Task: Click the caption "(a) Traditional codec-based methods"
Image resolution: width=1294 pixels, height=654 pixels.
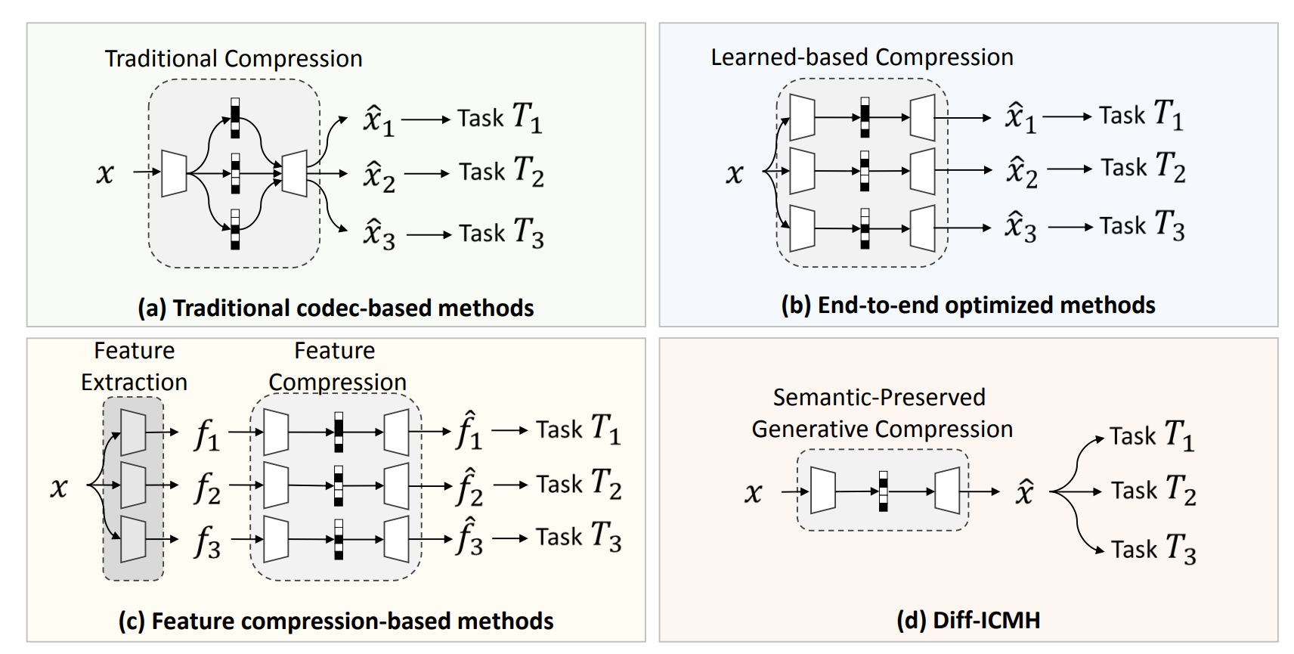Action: (336, 308)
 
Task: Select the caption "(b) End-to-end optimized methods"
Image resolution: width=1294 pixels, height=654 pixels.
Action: (967, 305)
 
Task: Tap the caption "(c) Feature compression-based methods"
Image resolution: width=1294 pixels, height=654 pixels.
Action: (336, 621)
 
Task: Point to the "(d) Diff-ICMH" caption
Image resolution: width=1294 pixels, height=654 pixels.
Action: (968, 620)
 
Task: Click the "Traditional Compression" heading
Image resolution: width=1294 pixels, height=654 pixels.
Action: (234, 59)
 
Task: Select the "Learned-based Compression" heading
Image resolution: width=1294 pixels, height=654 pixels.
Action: (862, 57)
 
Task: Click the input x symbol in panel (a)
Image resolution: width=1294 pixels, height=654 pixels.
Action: (105, 173)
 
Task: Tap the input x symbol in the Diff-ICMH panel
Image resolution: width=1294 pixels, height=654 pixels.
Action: (753, 493)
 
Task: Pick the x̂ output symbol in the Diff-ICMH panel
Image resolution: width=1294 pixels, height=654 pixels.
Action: (1024, 492)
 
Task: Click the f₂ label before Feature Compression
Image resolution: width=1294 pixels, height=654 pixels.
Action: (207, 488)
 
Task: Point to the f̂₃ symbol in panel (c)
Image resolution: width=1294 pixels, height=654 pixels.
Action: (469, 538)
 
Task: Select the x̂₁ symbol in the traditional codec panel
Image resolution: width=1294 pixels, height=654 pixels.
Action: (379, 120)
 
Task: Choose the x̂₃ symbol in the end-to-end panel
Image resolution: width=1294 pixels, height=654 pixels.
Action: (1020, 226)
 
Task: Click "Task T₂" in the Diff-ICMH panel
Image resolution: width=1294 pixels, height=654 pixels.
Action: (1153, 491)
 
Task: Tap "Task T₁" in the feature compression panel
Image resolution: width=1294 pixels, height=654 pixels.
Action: (578, 429)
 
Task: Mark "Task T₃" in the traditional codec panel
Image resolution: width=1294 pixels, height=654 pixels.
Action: (501, 233)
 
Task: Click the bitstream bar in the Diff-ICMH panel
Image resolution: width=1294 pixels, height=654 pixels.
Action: (883, 491)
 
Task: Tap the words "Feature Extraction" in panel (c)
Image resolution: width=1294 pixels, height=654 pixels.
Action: (135, 367)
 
